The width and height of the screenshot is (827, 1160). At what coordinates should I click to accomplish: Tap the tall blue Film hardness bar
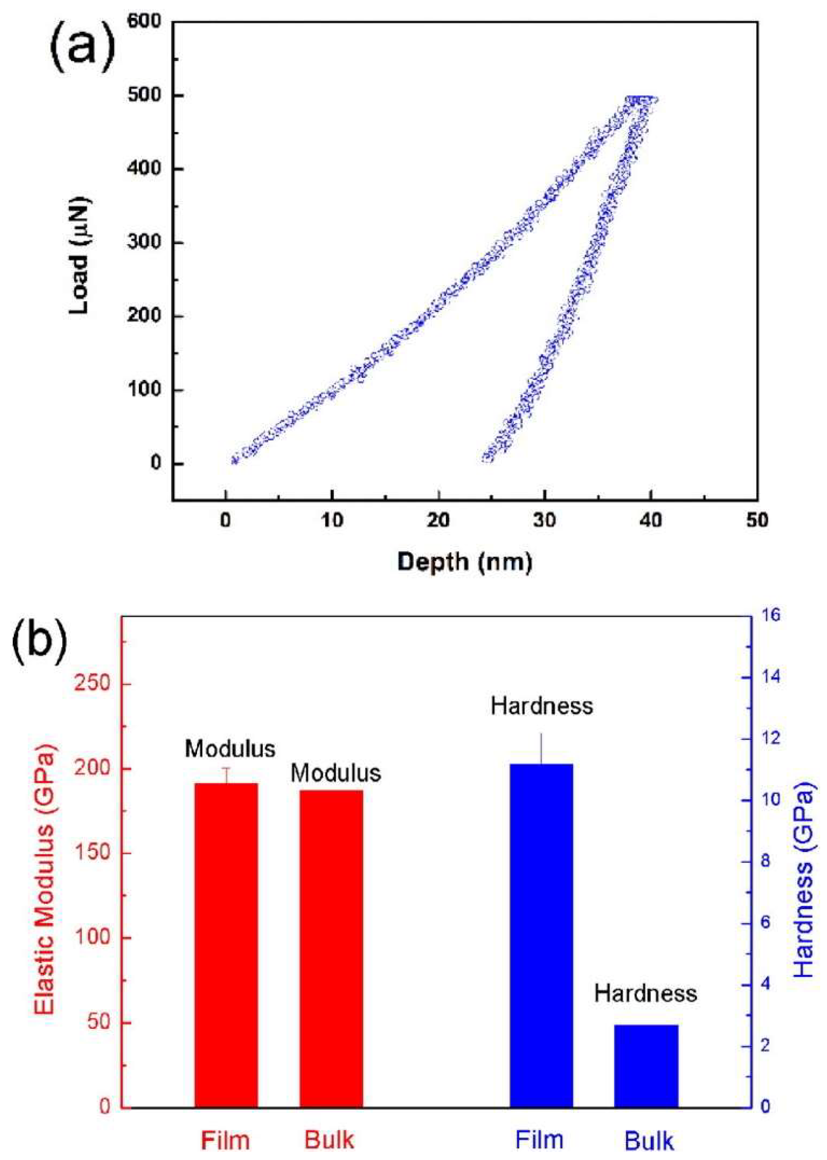tap(541, 932)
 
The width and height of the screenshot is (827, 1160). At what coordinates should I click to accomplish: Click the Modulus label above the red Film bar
tap(230, 749)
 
